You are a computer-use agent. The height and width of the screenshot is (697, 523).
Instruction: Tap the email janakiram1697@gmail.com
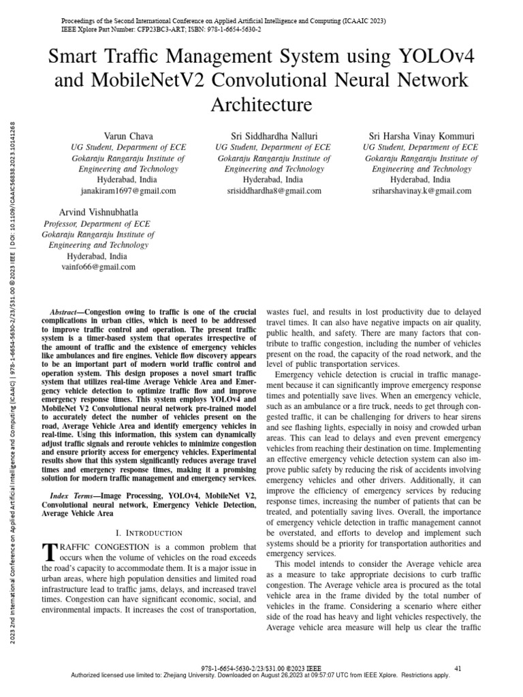click(x=129, y=191)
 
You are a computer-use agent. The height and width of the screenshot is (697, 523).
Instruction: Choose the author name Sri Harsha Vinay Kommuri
click(x=422, y=136)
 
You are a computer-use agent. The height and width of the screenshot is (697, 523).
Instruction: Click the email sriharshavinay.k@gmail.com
click(x=422, y=191)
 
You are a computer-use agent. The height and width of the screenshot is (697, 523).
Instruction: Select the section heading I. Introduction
click(x=148, y=532)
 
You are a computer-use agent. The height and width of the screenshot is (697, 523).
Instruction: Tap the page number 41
click(x=458, y=668)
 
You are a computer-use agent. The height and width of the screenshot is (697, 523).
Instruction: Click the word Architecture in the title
click(x=261, y=105)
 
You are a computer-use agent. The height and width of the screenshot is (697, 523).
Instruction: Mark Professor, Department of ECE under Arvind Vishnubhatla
click(x=97, y=223)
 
